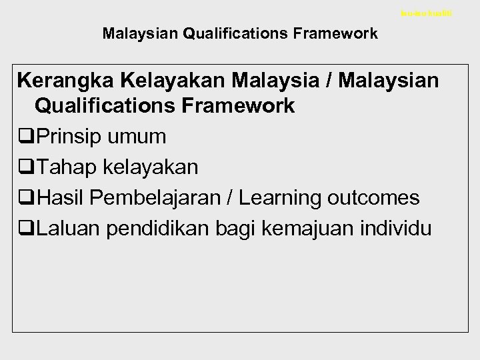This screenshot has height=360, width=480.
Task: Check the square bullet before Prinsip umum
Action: click(x=27, y=137)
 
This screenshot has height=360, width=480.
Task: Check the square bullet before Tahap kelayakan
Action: click(x=27, y=167)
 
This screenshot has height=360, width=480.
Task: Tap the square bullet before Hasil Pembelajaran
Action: click(x=27, y=198)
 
